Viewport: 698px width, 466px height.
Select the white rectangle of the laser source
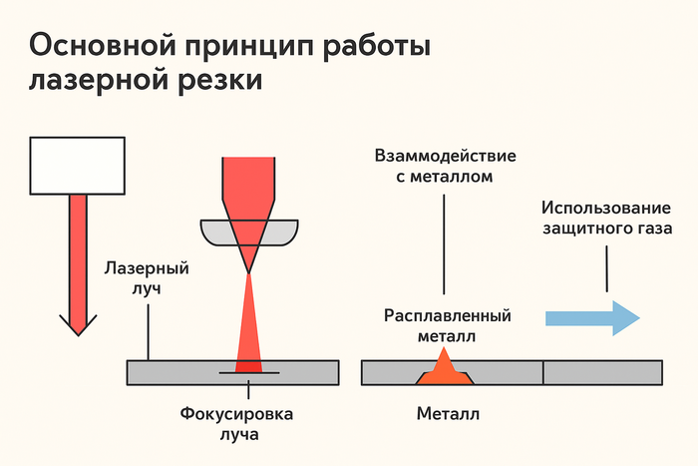click(x=77, y=165)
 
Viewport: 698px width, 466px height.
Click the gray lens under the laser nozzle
click(x=249, y=233)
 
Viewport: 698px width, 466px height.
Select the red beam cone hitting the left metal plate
click(x=247, y=329)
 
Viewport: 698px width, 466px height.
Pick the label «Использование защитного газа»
click(x=606, y=218)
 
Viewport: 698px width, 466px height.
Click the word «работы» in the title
click(x=373, y=47)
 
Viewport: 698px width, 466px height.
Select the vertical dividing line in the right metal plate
click(x=543, y=372)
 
